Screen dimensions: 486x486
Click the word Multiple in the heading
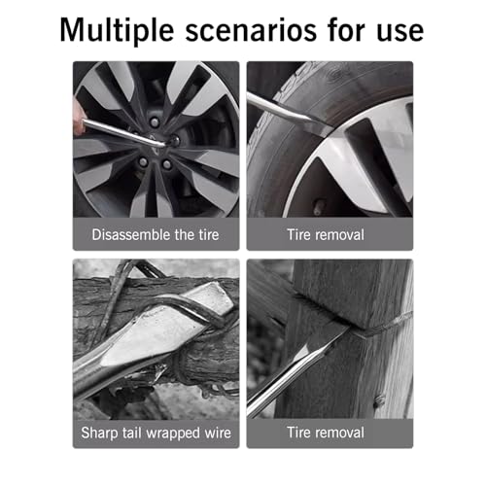pos(117,31)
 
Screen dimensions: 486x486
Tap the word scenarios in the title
pos(251,31)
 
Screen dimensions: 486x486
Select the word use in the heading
pos(399,32)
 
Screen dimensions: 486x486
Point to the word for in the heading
pos(346,30)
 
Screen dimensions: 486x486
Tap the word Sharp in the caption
pos(99,434)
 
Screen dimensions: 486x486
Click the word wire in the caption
pos(218,433)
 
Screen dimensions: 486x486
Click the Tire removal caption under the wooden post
pos(326,433)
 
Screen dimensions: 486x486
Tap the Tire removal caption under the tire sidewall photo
pos(326,234)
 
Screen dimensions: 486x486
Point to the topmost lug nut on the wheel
pos(155,121)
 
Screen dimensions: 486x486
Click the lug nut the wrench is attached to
pos(174,141)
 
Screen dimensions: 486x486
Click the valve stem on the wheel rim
pos(317,208)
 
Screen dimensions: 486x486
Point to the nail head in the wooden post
pos(379,401)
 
